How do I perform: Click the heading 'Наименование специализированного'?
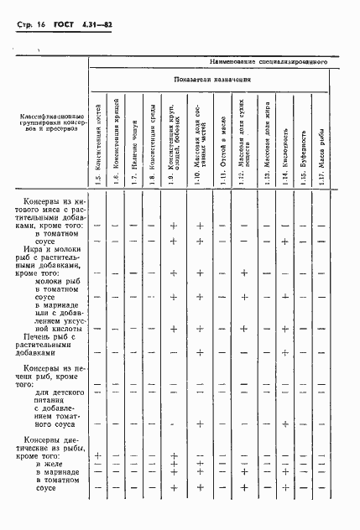tap(268, 62)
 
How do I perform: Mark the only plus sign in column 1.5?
tap(98, 455)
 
